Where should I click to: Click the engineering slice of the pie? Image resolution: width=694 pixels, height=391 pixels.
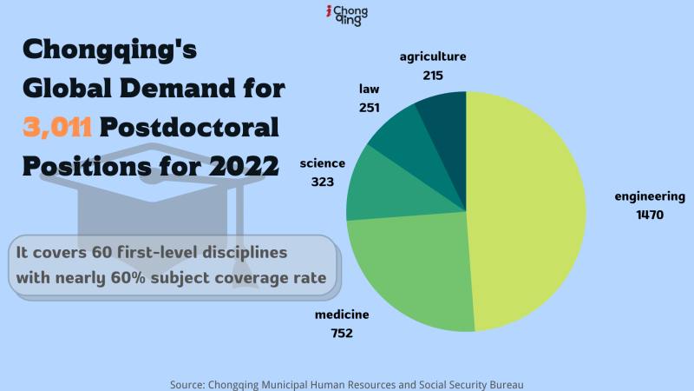click(x=529, y=209)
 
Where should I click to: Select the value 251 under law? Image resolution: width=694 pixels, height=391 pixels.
click(x=370, y=108)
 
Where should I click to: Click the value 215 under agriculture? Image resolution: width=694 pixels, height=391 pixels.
click(x=433, y=76)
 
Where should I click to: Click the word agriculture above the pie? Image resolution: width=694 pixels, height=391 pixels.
click(x=433, y=57)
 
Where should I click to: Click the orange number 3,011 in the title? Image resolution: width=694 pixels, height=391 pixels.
click(x=57, y=127)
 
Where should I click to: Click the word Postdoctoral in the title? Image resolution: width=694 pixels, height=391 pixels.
click(x=189, y=127)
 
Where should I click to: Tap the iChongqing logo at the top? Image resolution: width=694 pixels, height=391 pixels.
click(x=346, y=15)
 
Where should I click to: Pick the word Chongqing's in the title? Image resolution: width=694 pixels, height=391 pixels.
click(x=110, y=50)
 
